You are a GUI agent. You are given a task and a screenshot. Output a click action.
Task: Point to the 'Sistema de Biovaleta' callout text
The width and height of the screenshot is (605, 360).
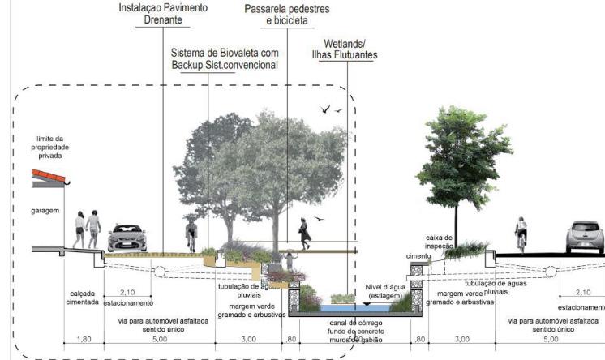(225, 58)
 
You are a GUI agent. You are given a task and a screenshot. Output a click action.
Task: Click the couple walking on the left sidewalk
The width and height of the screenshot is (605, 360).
(87, 229)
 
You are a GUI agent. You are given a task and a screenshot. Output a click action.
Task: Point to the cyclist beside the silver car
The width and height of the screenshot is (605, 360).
(191, 235)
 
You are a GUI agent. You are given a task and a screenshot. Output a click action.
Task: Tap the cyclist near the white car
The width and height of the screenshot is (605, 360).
(521, 234)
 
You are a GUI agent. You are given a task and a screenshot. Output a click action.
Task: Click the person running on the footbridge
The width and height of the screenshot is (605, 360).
(305, 234)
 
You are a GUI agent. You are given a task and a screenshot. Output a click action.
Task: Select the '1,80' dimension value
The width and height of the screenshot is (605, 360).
(84, 339)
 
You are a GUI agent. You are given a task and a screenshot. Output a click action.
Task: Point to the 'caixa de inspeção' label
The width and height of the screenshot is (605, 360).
(441, 241)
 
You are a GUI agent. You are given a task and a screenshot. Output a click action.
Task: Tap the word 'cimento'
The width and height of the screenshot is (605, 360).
(418, 255)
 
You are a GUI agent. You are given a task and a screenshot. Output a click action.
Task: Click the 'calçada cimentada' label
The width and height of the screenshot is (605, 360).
(83, 297)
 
